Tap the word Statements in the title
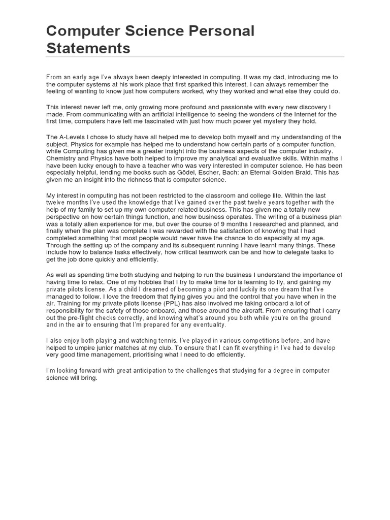tap(88, 48)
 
